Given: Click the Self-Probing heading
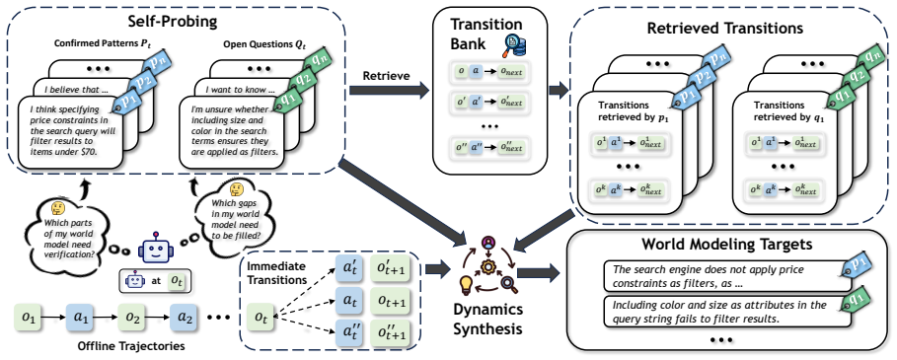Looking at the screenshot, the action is [174, 25].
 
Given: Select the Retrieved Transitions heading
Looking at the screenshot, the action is [724, 28].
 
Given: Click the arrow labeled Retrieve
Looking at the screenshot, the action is [389, 89].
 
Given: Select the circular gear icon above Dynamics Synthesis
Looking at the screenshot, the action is [489, 265].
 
